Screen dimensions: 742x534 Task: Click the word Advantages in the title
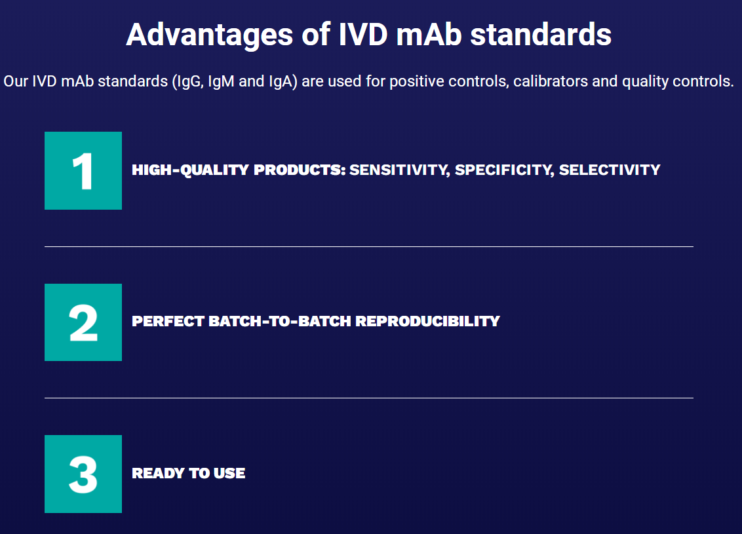pyautogui.click(x=210, y=35)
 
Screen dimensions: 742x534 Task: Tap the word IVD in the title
pyautogui.click(x=363, y=35)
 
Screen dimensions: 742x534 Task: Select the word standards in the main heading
pyautogui.click(x=540, y=35)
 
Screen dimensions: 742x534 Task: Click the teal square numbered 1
pyautogui.click(x=83, y=171)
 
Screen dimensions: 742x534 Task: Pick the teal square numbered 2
pyautogui.click(x=83, y=322)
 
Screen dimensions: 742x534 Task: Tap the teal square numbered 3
pyautogui.click(x=83, y=474)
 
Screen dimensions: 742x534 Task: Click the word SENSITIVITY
pyautogui.click(x=399, y=170)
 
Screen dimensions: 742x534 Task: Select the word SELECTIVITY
pyautogui.click(x=610, y=170)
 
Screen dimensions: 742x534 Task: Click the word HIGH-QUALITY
pyautogui.click(x=190, y=170)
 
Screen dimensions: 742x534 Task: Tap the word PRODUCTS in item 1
pyautogui.click(x=300, y=170)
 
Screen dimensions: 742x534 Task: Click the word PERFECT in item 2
pyautogui.click(x=168, y=321)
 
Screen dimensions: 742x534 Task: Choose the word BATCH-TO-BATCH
pyautogui.click(x=280, y=321)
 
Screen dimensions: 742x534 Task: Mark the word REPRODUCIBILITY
pyautogui.click(x=427, y=321)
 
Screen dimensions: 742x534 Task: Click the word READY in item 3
pyautogui.click(x=158, y=473)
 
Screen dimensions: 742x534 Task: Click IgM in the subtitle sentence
pyautogui.click(x=221, y=81)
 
